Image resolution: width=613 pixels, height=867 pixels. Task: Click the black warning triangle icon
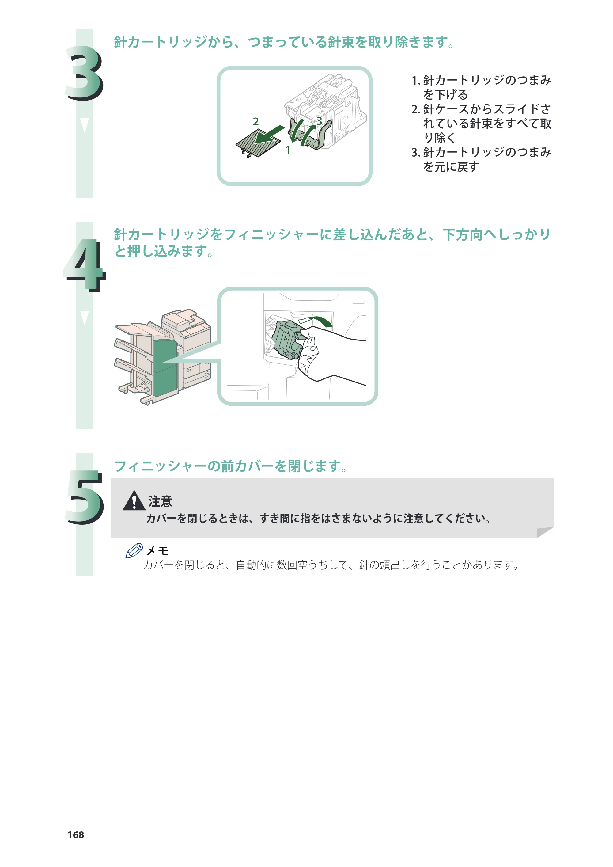[x=134, y=501]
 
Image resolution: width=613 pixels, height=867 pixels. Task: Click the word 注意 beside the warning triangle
[x=160, y=501]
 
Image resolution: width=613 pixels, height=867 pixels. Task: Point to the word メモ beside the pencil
[x=157, y=550]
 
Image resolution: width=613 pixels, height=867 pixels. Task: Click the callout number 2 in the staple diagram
[x=255, y=122]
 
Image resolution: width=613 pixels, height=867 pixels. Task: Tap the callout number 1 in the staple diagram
[x=288, y=150]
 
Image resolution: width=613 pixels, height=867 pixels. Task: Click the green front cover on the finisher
[x=165, y=370]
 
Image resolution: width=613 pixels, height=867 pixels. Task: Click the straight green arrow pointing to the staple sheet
[x=269, y=135]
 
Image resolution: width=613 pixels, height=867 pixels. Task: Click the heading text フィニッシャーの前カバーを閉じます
[x=231, y=466]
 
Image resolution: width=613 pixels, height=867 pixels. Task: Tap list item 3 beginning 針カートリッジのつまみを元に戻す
[x=481, y=159]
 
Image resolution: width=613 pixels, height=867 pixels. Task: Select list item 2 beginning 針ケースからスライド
[x=481, y=124]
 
